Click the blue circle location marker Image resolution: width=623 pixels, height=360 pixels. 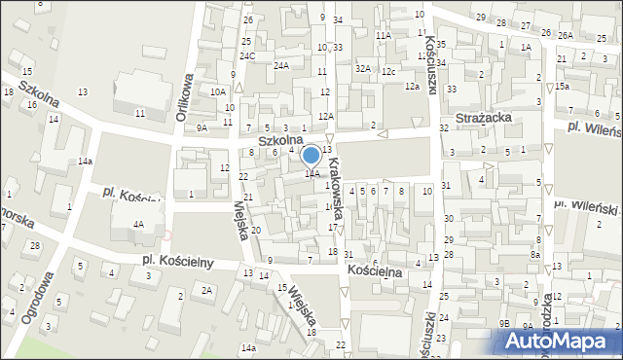(x=311, y=155)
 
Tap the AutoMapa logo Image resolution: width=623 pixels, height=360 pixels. (x=561, y=341)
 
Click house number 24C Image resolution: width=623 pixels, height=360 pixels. (x=248, y=56)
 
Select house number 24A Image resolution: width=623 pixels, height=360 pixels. (x=281, y=66)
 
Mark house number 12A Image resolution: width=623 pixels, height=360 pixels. (x=325, y=117)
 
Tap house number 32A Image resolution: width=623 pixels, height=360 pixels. (x=364, y=68)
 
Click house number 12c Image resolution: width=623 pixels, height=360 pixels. (x=388, y=72)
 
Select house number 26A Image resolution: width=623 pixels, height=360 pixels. (x=566, y=35)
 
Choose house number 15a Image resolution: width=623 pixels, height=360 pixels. (x=563, y=87)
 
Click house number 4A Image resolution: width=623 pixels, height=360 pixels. (x=138, y=225)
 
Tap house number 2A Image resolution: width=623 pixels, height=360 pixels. (x=206, y=290)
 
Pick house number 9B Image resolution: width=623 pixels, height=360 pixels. (x=504, y=322)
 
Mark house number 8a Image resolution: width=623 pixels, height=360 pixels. (x=534, y=254)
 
